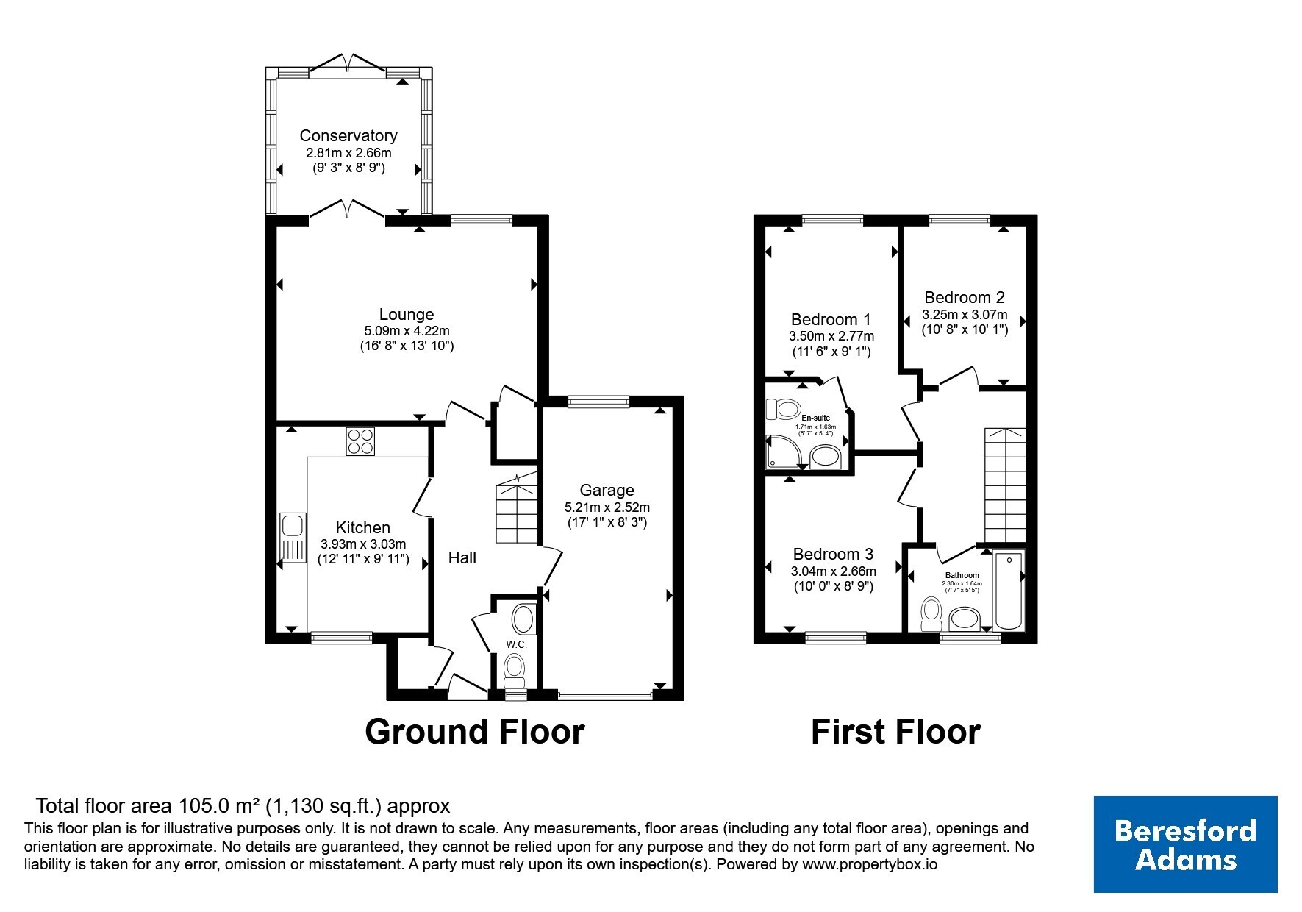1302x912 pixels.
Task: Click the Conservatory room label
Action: pyautogui.click(x=348, y=135)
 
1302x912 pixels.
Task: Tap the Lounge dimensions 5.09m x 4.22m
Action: pyautogui.click(x=407, y=331)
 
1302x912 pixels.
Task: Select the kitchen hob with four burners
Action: pyautogui.click(x=360, y=441)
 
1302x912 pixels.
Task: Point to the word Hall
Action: pyautogui.click(x=462, y=558)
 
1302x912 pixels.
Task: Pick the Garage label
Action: pyautogui.click(x=607, y=491)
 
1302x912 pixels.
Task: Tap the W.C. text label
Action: pyautogui.click(x=516, y=645)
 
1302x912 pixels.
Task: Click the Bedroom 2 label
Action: pyautogui.click(x=965, y=298)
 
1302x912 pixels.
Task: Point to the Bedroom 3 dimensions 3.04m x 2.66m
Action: pyautogui.click(x=834, y=571)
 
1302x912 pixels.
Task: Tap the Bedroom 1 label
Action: pyautogui.click(x=831, y=320)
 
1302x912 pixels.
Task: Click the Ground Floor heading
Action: pyautogui.click(x=475, y=733)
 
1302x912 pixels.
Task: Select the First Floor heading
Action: pyautogui.click(x=895, y=733)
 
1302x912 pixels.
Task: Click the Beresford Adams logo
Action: pyautogui.click(x=1186, y=844)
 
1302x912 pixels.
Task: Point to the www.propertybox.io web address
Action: pyautogui.click(x=870, y=865)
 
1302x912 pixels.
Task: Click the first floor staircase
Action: pyautogui.click(x=1005, y=485)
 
